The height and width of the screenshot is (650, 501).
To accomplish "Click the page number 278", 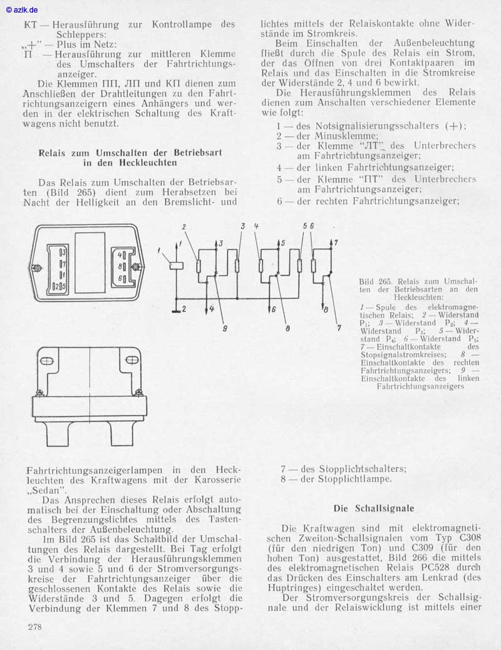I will (x=36, y=627).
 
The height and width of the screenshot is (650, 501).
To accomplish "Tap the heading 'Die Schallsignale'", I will (x=373, y=508).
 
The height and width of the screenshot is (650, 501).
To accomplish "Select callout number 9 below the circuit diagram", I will (x=224, y=327).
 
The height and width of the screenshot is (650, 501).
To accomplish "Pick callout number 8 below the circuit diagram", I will (x=287, y=327).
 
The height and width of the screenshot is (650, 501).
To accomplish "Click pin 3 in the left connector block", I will (x=63, y=251).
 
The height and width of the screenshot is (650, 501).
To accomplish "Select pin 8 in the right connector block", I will (x=121, y=266).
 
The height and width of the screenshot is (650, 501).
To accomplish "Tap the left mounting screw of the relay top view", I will (x=38, y=269).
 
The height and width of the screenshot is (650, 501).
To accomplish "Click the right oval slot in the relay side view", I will (x=132, y=359).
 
